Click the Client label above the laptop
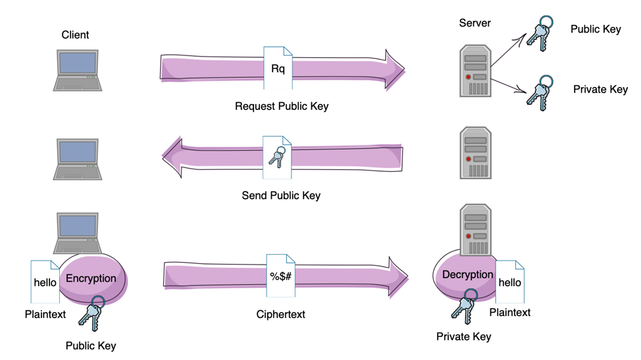coord(75,35)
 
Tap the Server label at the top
coord(474,23)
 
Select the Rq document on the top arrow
coord(278,68)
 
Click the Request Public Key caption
coord(281,106)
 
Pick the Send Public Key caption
coord(281,195)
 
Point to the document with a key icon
coord(277,158)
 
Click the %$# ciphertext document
coord(280,276)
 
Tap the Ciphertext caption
coord(280,315)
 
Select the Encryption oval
coord(91,279)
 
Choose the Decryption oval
coord(467,275)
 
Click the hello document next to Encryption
coord(45,282)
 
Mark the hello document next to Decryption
coord(509,282)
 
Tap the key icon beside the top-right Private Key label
coord(540,90)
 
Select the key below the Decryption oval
coord(463,309)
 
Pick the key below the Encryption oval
coord(92,313)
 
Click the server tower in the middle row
coord(475,153)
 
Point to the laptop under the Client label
coord(78,70)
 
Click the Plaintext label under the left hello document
coord(45,315)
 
